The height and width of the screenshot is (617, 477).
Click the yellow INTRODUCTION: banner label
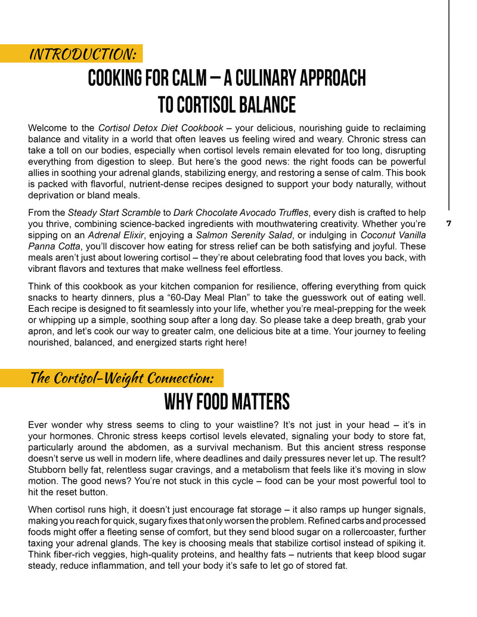83,54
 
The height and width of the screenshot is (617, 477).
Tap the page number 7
448,224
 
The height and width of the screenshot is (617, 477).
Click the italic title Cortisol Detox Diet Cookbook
160,128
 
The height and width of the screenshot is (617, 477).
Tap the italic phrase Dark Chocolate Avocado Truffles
241,212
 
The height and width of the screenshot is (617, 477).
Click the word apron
41,331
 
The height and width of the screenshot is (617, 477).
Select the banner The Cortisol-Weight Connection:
122,378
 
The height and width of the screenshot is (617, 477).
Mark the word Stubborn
48,470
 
